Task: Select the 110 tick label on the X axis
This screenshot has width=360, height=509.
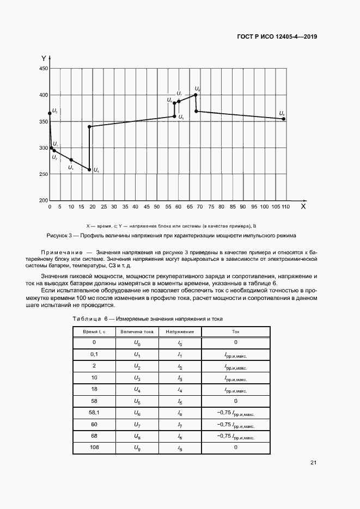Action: [285, 207]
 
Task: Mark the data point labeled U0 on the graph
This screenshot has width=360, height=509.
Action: [50, 113]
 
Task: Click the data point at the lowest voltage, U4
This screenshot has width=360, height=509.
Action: [90, 170]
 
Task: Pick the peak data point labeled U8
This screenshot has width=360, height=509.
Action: [196, 95]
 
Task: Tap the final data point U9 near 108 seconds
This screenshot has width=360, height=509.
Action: [284, 119]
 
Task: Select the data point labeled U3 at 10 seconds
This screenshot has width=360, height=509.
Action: [71, 160]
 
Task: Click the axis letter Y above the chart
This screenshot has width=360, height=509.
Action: [44, 58]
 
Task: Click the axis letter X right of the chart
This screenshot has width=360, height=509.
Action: [303, 207]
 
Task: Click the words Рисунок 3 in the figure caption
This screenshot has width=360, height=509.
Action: [60, 236]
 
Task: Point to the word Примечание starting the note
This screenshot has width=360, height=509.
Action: [60, 253]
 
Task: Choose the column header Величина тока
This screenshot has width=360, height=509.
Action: [137, 331]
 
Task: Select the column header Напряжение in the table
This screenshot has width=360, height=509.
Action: [180, 331]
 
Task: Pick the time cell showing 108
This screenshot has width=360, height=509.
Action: [94, 447]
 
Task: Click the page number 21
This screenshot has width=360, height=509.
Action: [313, 463]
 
